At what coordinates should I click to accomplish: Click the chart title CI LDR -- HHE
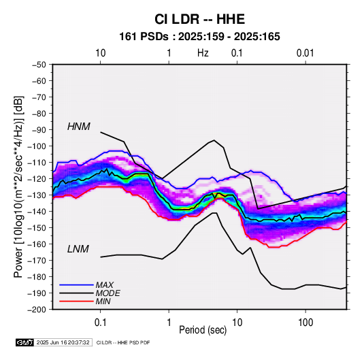199,19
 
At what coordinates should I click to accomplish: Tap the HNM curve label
79,127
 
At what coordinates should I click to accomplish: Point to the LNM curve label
78,249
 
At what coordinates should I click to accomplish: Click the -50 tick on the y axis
39,65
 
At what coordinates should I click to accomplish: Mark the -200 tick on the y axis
37,310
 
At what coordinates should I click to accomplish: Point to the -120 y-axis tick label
37,179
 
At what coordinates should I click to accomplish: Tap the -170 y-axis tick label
37,261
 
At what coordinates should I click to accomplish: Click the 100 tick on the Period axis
305,323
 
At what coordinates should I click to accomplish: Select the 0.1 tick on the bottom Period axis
100,323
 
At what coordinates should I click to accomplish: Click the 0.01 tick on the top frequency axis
305,53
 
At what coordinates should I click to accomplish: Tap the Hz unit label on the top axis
203,53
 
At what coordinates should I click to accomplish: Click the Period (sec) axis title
203,330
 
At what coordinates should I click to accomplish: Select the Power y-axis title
18,186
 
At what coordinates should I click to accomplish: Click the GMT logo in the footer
24,342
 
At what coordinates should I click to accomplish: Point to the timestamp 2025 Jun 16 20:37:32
63,342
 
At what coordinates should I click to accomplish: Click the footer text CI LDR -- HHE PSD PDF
123,342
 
